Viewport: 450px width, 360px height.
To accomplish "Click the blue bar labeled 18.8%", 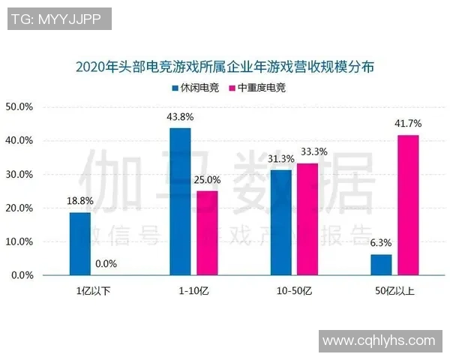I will [79, 244].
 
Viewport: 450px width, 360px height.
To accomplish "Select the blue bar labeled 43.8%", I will [180, 202].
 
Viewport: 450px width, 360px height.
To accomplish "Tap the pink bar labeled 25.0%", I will [207, 233].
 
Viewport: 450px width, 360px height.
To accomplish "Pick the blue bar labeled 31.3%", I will [280, 223].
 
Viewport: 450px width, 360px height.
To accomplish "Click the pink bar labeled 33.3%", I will [307, 219].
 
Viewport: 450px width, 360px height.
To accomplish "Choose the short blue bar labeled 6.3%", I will [381, 265].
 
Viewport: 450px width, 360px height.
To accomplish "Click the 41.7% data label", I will [409, 123].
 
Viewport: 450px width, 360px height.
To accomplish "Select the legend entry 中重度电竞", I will [256, 88].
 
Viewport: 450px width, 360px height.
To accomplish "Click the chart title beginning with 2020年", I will [225, 67].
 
